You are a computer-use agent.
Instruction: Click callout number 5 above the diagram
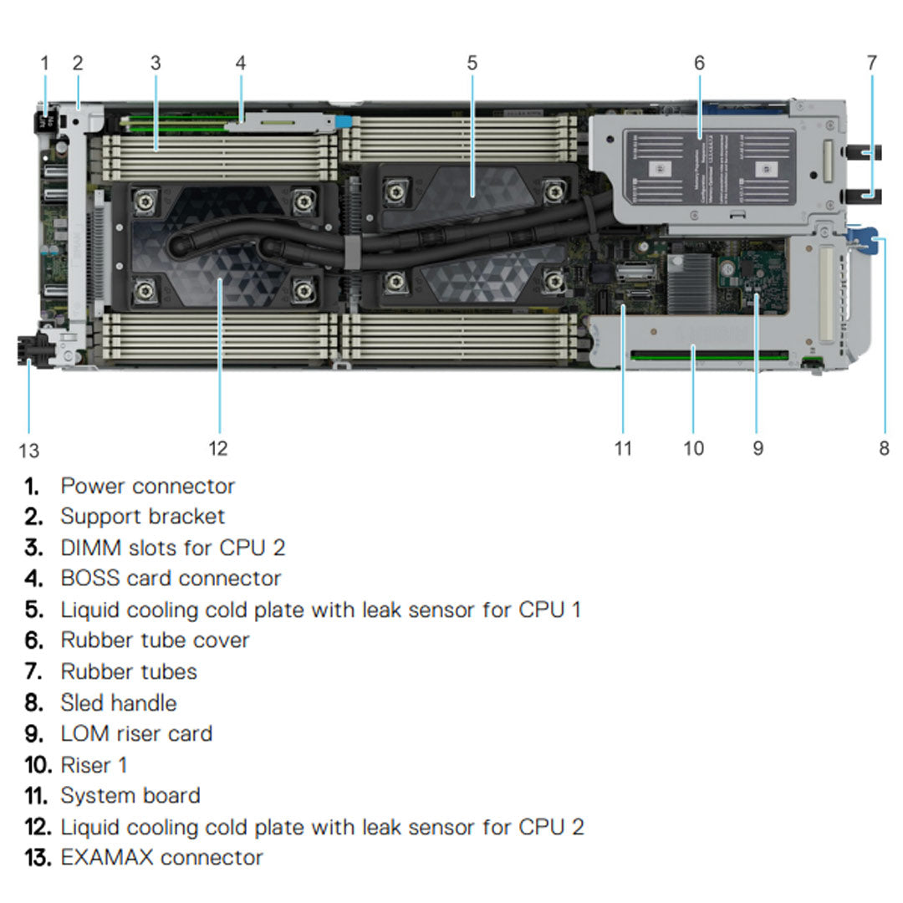tap(472, 63)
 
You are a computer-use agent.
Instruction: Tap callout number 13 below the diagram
tap(28, 451)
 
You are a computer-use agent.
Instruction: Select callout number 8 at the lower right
tap(884, 448)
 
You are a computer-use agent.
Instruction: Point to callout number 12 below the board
tap(217, 448)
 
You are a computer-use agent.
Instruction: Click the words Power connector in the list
tap(147, 486)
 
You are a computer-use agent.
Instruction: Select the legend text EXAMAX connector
tap(161, 857)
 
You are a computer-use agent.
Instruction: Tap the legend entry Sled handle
tap(118, 702)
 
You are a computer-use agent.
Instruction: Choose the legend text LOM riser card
tap(136, 733)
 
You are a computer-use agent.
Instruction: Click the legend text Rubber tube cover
tap(155, 640)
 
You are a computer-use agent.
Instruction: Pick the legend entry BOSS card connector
tap(171, 578)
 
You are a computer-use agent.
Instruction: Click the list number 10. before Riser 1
tap(39, 764)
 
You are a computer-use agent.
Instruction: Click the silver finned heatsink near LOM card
tap(687, 277)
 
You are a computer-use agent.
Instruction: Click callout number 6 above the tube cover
tap(699, 63)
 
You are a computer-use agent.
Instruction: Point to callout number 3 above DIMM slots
tap(156, 63)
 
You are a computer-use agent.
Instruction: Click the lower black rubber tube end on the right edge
tap(861, 196)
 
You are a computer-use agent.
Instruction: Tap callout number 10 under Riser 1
tap(693, 448)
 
